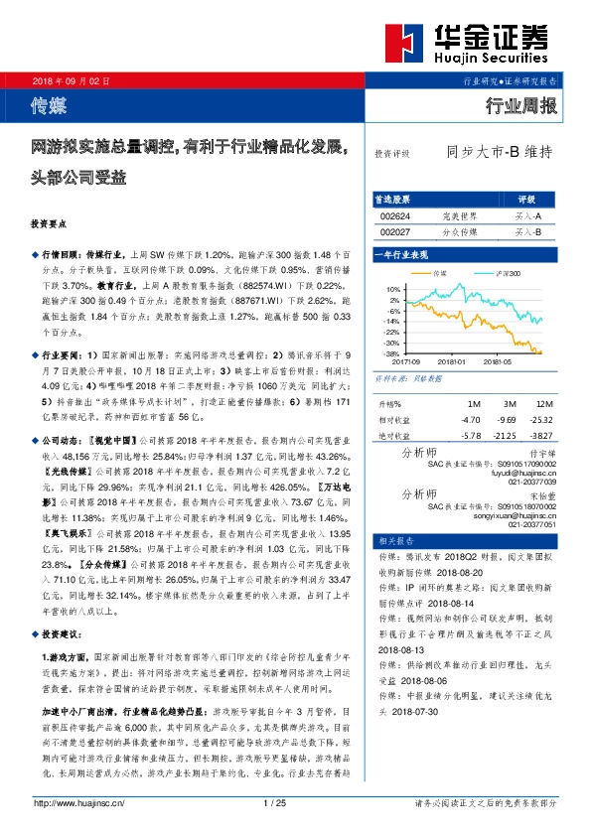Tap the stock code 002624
[x=394, y=214]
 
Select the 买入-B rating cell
[x=527, y=230]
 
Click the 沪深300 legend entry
[x=505, y=272]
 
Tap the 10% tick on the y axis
[x=394, y=289]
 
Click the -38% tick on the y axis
[x=393, y=352]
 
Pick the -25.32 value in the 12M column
[x=541, y=419]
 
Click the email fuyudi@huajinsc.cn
[x=521, y=474]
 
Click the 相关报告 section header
[x=392, y=539]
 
